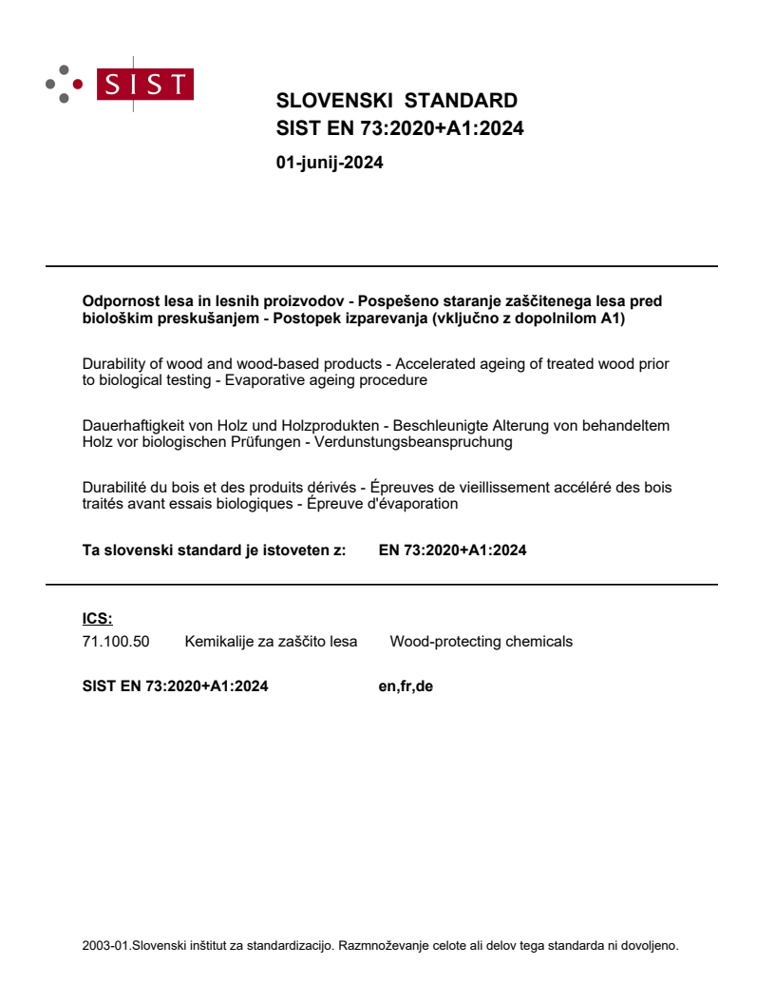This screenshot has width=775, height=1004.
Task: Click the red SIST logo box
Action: tap(146, 85)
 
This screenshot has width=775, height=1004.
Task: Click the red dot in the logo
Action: tap(78, 85)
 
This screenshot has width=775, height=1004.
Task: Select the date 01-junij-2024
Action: tap(329, 163)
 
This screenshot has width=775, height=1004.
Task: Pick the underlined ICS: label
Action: tap(98, 619)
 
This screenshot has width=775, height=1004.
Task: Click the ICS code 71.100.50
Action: tap(116, 642)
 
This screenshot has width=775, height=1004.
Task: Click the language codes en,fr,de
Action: tap(406, 685)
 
